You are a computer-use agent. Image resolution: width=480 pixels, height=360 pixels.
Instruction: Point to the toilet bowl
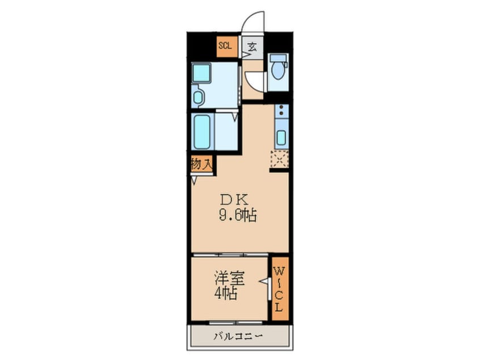(x=278, y=70)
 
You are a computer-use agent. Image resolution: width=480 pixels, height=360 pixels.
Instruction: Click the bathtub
(x=201, y=131)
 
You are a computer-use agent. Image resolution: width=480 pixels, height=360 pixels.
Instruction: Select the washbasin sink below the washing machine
(x=198, y=97)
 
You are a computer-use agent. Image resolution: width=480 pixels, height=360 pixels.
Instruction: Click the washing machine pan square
(x=201, y=73)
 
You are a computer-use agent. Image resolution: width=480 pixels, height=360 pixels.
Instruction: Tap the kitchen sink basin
(x=281, y=138)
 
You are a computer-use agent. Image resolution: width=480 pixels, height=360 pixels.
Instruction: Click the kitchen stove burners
(x=280, y=114)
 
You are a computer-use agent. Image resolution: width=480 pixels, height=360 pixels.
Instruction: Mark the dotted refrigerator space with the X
(x=280, y=159)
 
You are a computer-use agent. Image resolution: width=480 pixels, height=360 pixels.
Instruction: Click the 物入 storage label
(x=201, y=164)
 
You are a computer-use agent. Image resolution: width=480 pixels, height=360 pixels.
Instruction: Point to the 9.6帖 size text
(x=237, y=216)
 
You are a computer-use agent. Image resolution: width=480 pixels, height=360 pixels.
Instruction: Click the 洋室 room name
(x=229, y=279)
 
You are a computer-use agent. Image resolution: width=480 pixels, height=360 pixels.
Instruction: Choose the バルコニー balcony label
(x=238, y=336)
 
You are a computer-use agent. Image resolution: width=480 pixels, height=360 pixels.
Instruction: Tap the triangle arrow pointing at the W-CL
(x=264, y=281)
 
